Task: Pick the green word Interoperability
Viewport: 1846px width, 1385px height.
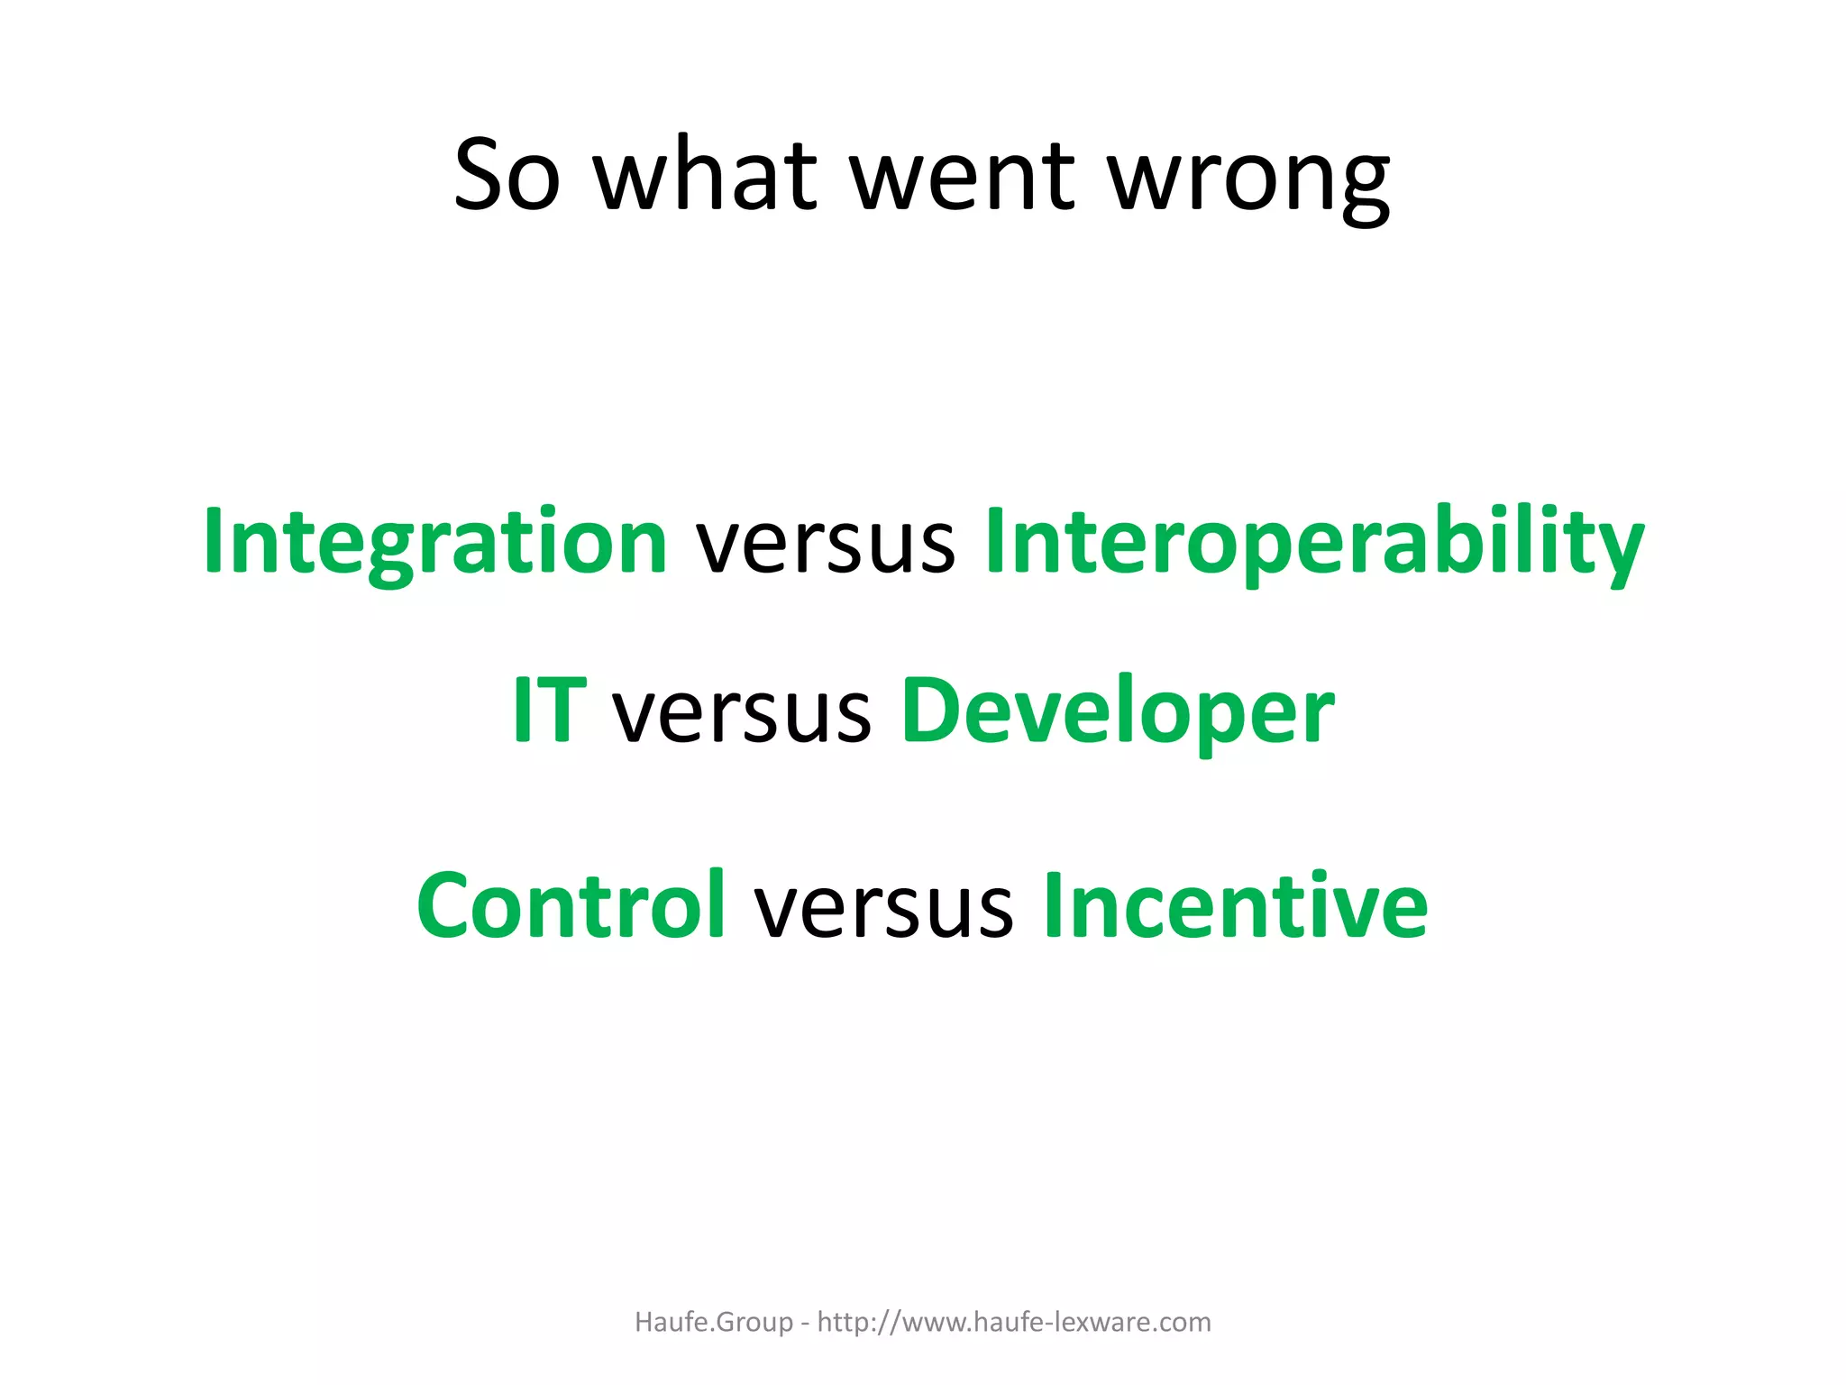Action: click(x=1314, y=543)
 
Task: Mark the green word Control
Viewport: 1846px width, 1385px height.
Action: click(x=571, y=905)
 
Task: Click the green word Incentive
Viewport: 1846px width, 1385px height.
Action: click(x=1235, y=905)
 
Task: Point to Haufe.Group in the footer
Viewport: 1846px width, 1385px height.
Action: click(x=714, y=1322)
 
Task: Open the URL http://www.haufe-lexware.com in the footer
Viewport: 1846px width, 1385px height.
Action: click(x=1014, y=1322)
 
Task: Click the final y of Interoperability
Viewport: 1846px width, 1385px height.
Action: click(x=1619, y=552)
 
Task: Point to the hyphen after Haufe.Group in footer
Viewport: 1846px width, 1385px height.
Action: click(x=805, y=1324)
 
